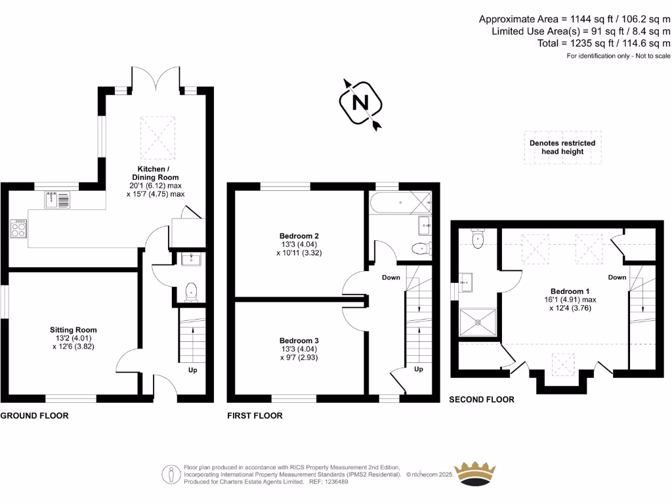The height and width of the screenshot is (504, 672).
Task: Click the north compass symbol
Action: [360, 103]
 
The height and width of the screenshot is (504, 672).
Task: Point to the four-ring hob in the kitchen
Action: [18, 228]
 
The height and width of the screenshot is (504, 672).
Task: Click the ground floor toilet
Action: [191, 291]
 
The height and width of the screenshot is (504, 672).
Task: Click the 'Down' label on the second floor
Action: [617, 278]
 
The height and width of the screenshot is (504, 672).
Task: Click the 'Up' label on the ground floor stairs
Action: [193, 370]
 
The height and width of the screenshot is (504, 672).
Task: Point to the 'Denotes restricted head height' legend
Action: [562, 147]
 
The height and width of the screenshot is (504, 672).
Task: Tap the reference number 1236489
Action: [334, 482]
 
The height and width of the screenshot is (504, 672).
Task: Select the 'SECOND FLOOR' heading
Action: [481, 399]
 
